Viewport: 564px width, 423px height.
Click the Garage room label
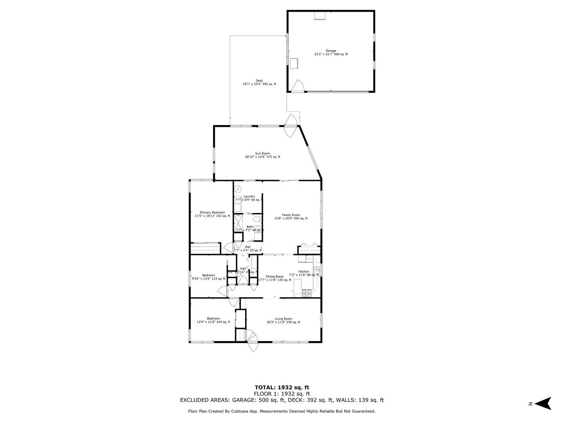pos(331,52)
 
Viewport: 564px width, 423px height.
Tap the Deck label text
pos(259,82)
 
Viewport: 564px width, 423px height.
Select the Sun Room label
pos(262,155)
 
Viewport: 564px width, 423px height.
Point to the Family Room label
pos(291,217)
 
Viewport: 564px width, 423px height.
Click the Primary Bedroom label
pos(212,214)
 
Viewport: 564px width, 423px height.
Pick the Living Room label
pos(283,320)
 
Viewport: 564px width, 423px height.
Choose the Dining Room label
pos(275,278)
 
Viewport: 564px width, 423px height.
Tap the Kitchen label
pos(304,273)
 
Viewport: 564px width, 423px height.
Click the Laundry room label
pos(249,198)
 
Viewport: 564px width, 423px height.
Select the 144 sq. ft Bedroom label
pos(213,320)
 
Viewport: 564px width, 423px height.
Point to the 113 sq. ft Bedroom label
pos(208,277)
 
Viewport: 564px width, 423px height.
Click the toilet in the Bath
pos(257,219)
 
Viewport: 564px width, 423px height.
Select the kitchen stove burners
pos(307,293)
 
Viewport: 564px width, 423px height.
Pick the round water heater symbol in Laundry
pos(238,190)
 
